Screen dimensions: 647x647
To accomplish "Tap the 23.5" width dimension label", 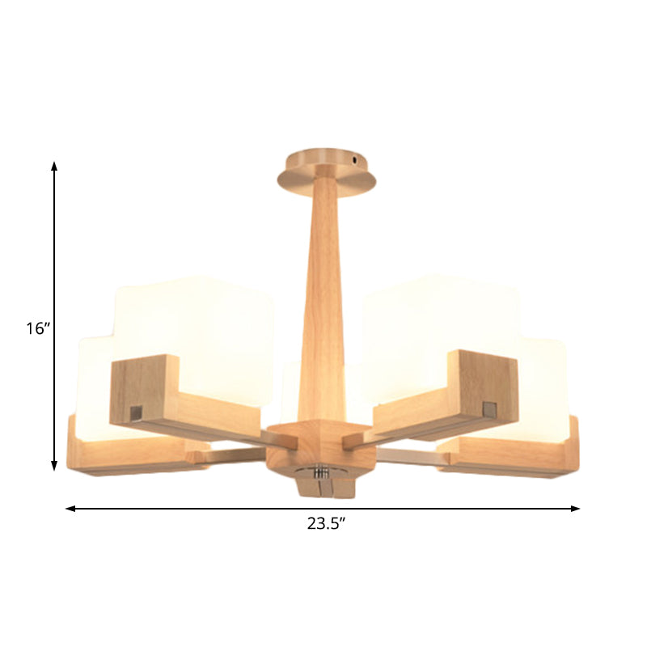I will [326, 524].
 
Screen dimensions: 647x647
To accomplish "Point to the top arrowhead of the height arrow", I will [54, 166].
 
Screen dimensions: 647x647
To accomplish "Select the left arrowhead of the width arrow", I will [70, 509].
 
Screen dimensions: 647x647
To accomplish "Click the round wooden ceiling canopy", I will [323, 171].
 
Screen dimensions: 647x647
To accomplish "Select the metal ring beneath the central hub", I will [322, 471].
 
